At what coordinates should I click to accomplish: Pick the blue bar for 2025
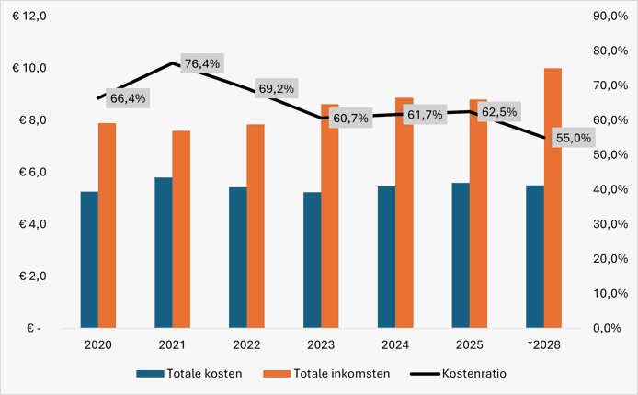460,254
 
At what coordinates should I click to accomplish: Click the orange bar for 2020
107,224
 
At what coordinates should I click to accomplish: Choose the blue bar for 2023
312,259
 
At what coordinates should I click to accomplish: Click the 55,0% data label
569,138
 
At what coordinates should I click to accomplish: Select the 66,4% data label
128,97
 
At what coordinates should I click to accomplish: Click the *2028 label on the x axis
543,344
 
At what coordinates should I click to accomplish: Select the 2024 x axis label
394,344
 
